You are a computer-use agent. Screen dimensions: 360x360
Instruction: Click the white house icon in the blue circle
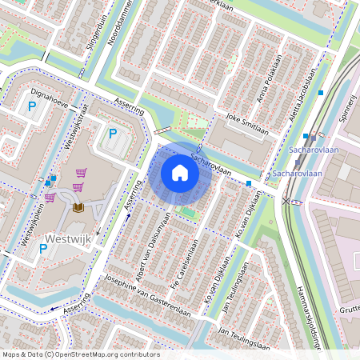click(x=180, y=172)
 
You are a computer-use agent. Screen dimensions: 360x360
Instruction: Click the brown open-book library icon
click(x=78, y=208)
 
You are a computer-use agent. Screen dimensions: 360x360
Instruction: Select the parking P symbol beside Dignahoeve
click(x=33, y=106)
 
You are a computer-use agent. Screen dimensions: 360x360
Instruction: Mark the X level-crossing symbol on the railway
click(x=286, y=201)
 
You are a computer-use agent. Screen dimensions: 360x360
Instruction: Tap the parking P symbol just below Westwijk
click(x=43, y=250)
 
